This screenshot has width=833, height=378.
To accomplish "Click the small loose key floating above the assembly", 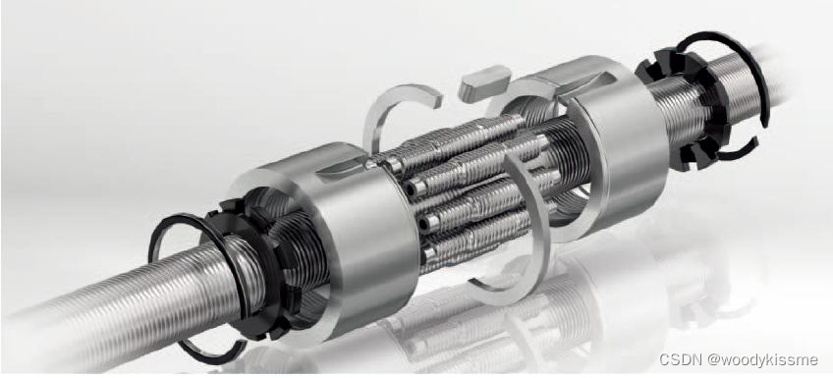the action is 484,82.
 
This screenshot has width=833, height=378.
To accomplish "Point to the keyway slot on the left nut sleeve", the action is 343,166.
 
